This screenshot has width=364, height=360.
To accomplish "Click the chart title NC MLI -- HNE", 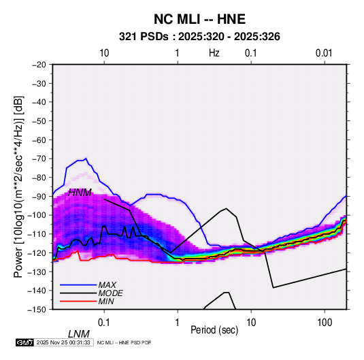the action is pyautogui.click(x=199, y=19).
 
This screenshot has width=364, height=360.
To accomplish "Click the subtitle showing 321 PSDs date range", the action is pyautogui.click(x=199, y=37).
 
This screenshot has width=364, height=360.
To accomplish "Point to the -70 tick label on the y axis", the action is pyautogui.click(x=39, y=159).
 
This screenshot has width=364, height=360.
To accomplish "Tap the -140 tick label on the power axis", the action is pyautogui.click(x=37, y=291).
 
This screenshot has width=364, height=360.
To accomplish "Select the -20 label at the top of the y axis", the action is pyautogui.click(x=39, y=65).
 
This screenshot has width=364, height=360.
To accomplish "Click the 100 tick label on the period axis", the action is pyautogui.click(x=325, y=323).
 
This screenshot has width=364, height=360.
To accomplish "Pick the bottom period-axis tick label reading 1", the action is pyautogui.click(x=178, y=323).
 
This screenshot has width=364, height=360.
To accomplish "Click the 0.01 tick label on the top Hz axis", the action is pyautogui.click(x=324, y=53).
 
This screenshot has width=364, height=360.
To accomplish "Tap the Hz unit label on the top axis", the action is pyautogui.click(x=214, y=53).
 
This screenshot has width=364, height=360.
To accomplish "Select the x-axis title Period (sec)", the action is pyautogui.click(x=214, y=330).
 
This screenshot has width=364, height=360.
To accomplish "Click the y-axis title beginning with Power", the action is pyautogui.click(x=18, y=186).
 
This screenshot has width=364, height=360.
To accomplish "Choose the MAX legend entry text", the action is pyautogui.click(x=107, y=285).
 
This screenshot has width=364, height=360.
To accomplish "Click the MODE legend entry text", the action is pyautogui.click(x=110, y=293).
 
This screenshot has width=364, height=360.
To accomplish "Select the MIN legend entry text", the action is pyautogui.click(x=106, y=301).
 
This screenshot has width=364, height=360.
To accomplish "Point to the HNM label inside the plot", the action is pyautogui.click(x=80, y=193).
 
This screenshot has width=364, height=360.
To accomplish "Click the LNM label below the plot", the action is pyautogui.click(x=79, y=334).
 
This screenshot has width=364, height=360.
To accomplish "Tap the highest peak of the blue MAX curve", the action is pyautogui.click(x=86, y=159).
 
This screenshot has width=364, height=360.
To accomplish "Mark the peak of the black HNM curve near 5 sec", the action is pyautogui.click(x=226, y=208).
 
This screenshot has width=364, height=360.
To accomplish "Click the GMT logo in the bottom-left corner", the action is pyautogui.click(x=24, y=342).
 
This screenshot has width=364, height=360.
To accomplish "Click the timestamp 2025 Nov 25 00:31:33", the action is pyautogui.click(x=63, y=342).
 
